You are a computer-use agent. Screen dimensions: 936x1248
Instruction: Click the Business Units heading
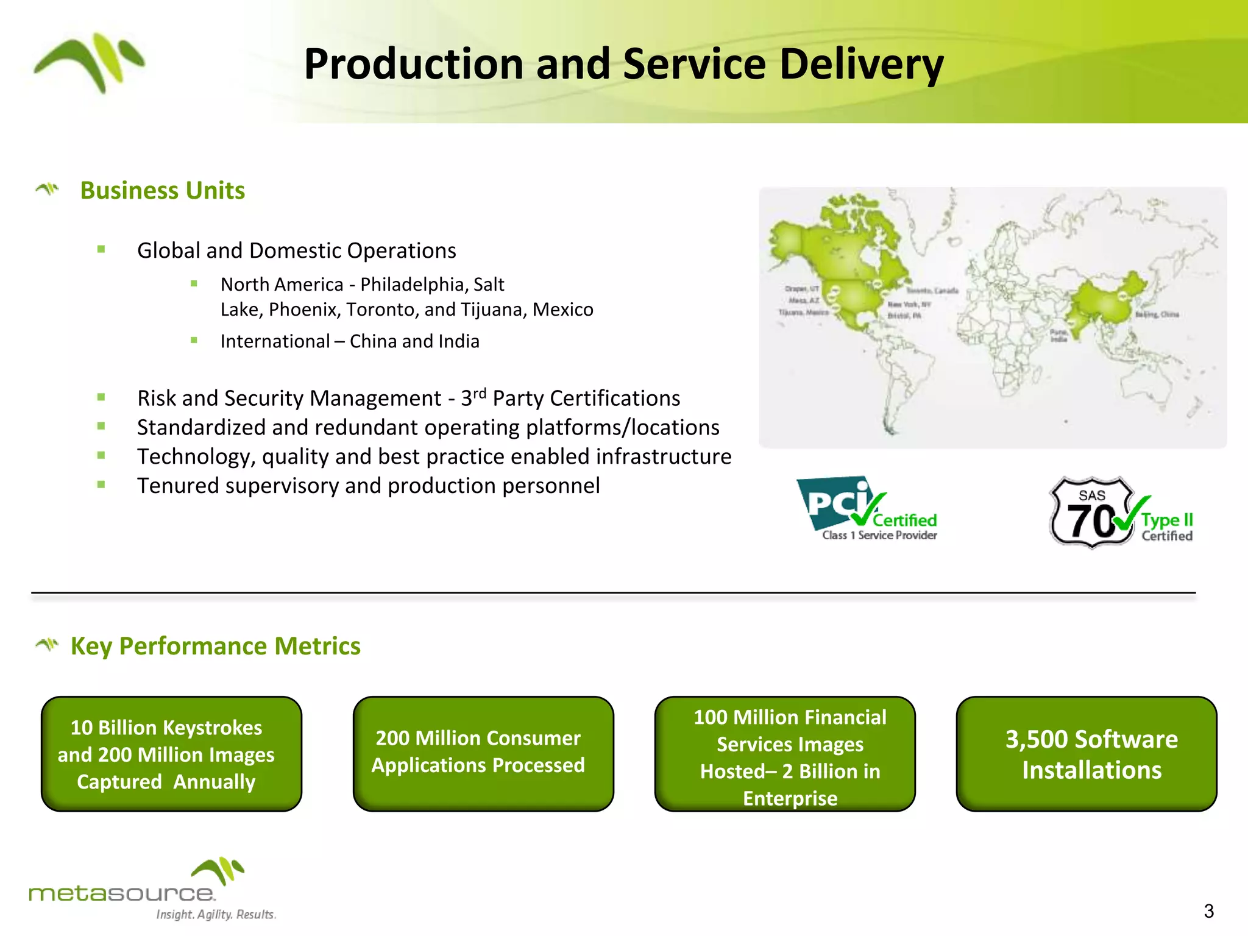pyautogui.click(x=162, y=191)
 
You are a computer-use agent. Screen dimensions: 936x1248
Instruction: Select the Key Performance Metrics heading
pyautogui.click(x=215, y=646)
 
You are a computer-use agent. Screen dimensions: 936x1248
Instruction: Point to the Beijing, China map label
pyautogui.click(x=1157, y=314)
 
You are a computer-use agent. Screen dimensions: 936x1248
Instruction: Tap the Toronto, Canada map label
pyautogui.click(x=932, y=291)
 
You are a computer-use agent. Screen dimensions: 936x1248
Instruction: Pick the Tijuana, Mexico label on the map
pyautogui.click(x=803, y=312)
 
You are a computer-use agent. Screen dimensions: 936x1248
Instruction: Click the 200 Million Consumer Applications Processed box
pyautogui.click(x=483, y=754)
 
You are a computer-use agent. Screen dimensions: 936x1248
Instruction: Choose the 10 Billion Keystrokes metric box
pyautogui.click(x=171, y=754)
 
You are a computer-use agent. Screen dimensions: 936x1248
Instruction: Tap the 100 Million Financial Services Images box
pyautogui.click(x=785, y=754)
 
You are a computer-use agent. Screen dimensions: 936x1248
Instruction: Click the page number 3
pyautogui.click(x=1209, y=911)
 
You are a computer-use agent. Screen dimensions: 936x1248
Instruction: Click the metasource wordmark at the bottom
pyautogui.click(x=121, y=893)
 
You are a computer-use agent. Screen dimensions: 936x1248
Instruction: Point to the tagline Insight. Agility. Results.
pyautogui.click(x=216, y=914)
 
